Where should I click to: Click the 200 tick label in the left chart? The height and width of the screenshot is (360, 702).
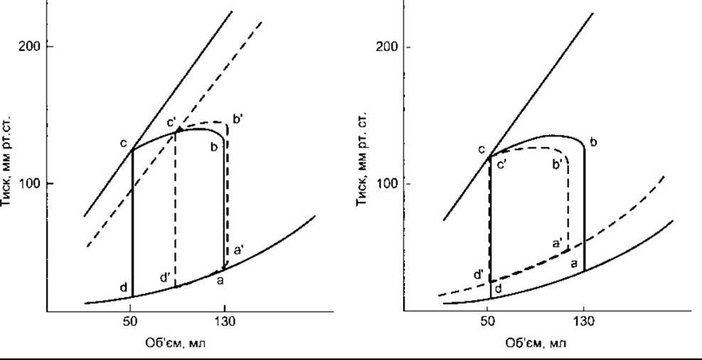click(30, 46)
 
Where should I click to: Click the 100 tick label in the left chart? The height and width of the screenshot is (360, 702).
click(30, 184)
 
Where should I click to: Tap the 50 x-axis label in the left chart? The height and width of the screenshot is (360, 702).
click(130, 322)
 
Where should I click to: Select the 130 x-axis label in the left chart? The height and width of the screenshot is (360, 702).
click(226, 322)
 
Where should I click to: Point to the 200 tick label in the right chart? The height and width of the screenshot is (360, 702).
click(387, 47)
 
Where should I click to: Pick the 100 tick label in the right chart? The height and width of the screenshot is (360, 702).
click(387, 184)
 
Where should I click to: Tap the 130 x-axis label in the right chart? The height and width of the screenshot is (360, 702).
click(584, 322)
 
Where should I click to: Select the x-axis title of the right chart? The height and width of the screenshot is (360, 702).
click(536, 344)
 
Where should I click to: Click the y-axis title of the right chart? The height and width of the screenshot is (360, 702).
click(362, 162)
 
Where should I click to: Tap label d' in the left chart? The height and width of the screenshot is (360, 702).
click(165, 278)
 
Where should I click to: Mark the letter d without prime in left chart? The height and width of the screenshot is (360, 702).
click(124, 287)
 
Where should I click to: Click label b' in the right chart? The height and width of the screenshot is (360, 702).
click(558, 164)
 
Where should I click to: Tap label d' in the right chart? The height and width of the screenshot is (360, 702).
click(479, 274)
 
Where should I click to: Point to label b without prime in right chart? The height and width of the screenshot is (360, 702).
click(594, 143)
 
